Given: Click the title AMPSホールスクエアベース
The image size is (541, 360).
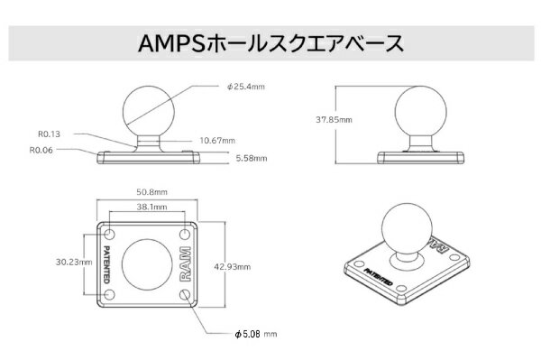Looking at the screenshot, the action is pos(270,42).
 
